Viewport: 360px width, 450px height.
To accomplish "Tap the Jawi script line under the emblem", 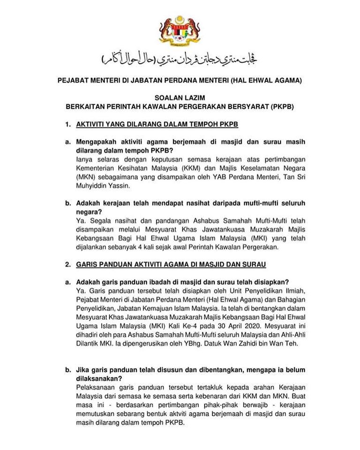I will point(180,60).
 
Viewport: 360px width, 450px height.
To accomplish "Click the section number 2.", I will point(67,264).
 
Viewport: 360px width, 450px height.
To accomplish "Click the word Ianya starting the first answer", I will point(84,159).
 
